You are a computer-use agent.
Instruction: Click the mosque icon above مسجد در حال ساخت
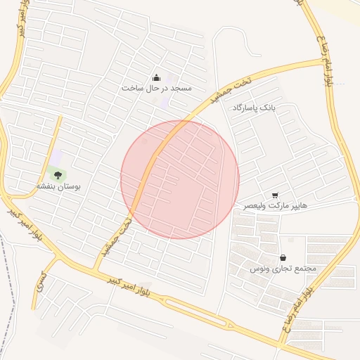click(156, 77)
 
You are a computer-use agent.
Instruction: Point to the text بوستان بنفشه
click(59, 187)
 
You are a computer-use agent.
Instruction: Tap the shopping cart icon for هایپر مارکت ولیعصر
click(275, 195)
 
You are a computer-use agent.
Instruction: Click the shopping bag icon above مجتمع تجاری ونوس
click(283, 257)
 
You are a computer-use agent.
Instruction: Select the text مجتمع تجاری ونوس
click(283, 269)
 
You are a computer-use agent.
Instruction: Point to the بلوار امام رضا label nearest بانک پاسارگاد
click(324, 59)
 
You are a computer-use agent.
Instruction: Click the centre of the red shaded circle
click(180, 179)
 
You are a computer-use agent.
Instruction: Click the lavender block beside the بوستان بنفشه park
click(56, 158)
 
